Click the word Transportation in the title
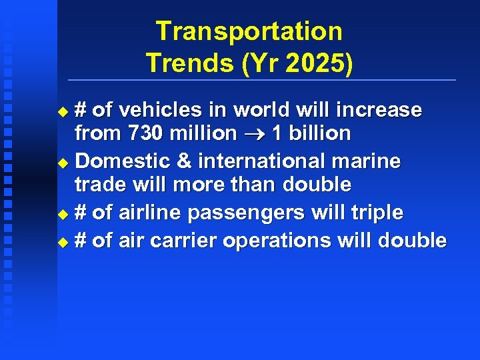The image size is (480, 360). coord(249,31)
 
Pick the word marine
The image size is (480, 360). coord(372,161)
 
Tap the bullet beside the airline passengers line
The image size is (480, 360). coord(63,214)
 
